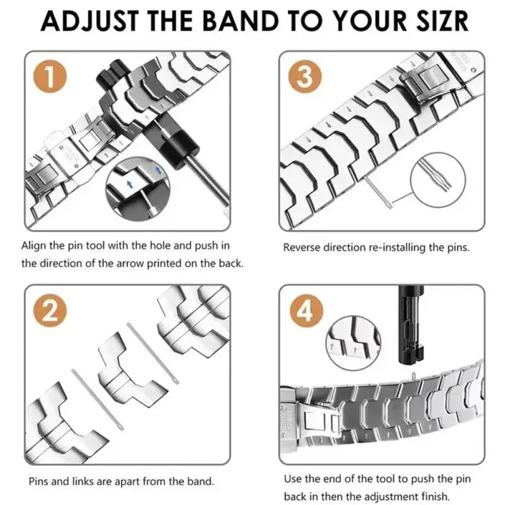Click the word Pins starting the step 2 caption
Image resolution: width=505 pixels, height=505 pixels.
pos(39,481)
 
